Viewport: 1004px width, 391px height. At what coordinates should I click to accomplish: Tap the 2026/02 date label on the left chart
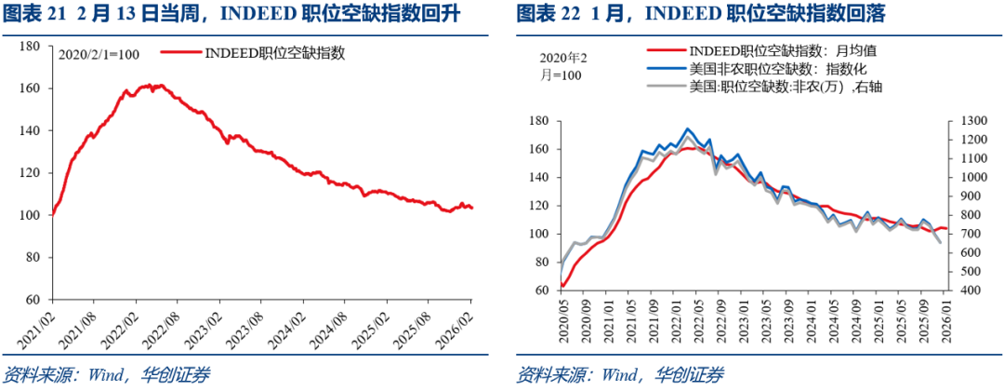pos(464,321)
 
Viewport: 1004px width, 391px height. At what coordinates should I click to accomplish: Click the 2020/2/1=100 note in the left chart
pos(99,55)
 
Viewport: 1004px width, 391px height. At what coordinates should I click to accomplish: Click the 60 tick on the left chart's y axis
pos(33,300)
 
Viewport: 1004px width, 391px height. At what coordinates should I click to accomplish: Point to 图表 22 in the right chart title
pos(542,14)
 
